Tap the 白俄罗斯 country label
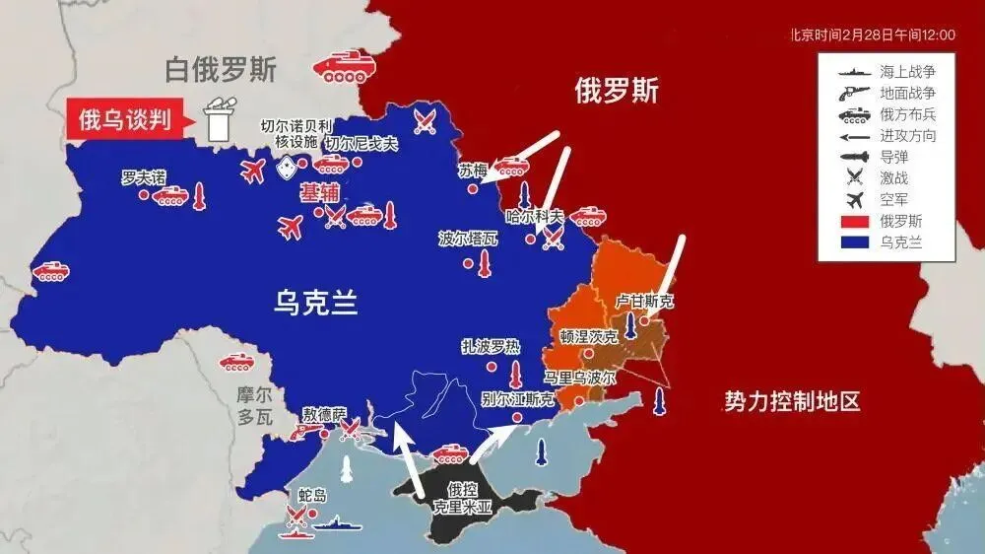click(x=221, y=69)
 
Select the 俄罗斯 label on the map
click(x=617, y=92)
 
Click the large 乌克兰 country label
click(x=315, y=303)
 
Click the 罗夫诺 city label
click(x=144, y=176)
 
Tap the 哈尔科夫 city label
click(x=535, y=216)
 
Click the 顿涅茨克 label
click(x=589, y=336)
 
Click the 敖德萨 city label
click(x=324, y=413)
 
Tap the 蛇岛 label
click(x=311, y=494)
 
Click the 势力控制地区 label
click(x=792, y=401)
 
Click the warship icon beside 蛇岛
click(x=342, y=524)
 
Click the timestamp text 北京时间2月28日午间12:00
click(x=873, y=35)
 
